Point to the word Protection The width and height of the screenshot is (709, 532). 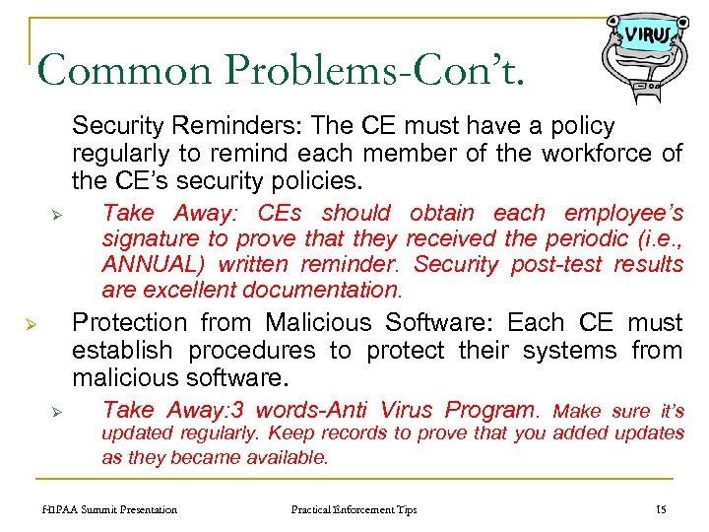click(130, 323)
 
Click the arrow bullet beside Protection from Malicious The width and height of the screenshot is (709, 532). click(31, 324)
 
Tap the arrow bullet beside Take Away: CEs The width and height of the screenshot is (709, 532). click(58, 214)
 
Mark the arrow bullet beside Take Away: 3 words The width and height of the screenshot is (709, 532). click(58, 411)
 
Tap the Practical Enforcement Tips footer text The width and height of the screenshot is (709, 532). click(354, 509)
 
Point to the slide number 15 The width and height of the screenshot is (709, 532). click(661, 509)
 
